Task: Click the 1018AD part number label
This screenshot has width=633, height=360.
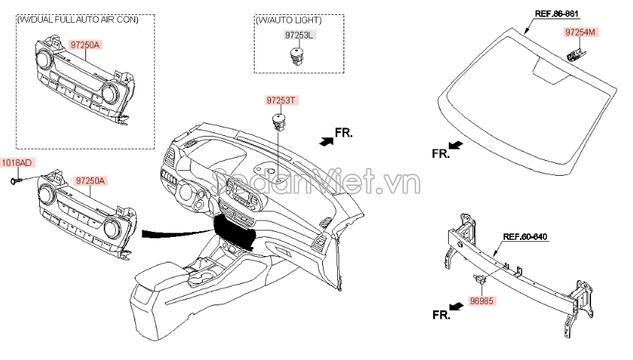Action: click(x=16, y=163)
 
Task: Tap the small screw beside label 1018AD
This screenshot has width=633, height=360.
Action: click(x=14, y=181)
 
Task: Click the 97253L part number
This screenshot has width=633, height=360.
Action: click(x=297, y=35)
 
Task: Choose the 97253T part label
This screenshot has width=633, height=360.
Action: click(x=280, y=101)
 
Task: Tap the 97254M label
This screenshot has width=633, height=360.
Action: click(x=582, y=32)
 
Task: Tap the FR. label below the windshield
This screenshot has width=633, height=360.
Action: click(x=441, y=152)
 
